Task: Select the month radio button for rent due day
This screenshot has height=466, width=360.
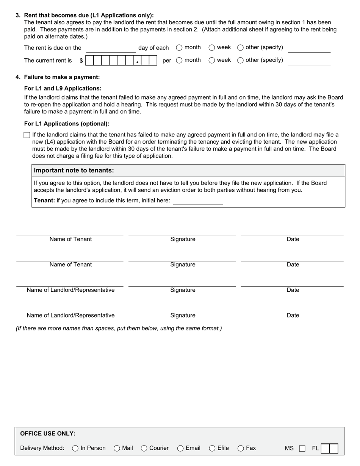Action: click(x=179, y=48)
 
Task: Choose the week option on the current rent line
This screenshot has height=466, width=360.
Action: click(x=212, y=60)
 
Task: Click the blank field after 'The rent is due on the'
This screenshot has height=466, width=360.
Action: click(x=111, y=48)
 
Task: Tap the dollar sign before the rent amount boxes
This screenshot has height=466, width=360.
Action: click(x=81, y=61)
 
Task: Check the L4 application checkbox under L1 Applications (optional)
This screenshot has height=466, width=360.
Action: click(x=27, y=135)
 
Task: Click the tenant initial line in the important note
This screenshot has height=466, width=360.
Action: click(x=198, y=201)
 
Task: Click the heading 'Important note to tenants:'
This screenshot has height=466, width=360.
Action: click(x=74, y=170)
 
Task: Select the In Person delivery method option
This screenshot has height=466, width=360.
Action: click(x=75, y=448)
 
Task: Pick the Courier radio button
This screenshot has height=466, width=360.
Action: click(x=144, y=448)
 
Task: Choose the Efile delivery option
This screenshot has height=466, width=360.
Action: click(x=212, y=448)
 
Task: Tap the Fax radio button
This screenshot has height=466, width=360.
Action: click(x=241, y=448)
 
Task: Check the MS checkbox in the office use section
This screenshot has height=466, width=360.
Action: click(x=302, y=449)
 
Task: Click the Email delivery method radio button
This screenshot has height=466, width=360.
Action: click(x=180, y=448)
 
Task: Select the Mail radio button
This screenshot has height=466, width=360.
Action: click(x=117, y=448)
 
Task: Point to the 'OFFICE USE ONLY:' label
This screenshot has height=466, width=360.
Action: click(x=48, y=433)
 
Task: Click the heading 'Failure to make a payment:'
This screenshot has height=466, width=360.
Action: click(x=62, y=77)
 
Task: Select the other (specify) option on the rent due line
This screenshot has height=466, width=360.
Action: click(x=240, y=48)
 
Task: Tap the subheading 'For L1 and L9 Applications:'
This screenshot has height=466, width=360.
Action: click(x=63, y=88)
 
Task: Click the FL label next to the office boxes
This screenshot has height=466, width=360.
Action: click(x=315, y=448)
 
